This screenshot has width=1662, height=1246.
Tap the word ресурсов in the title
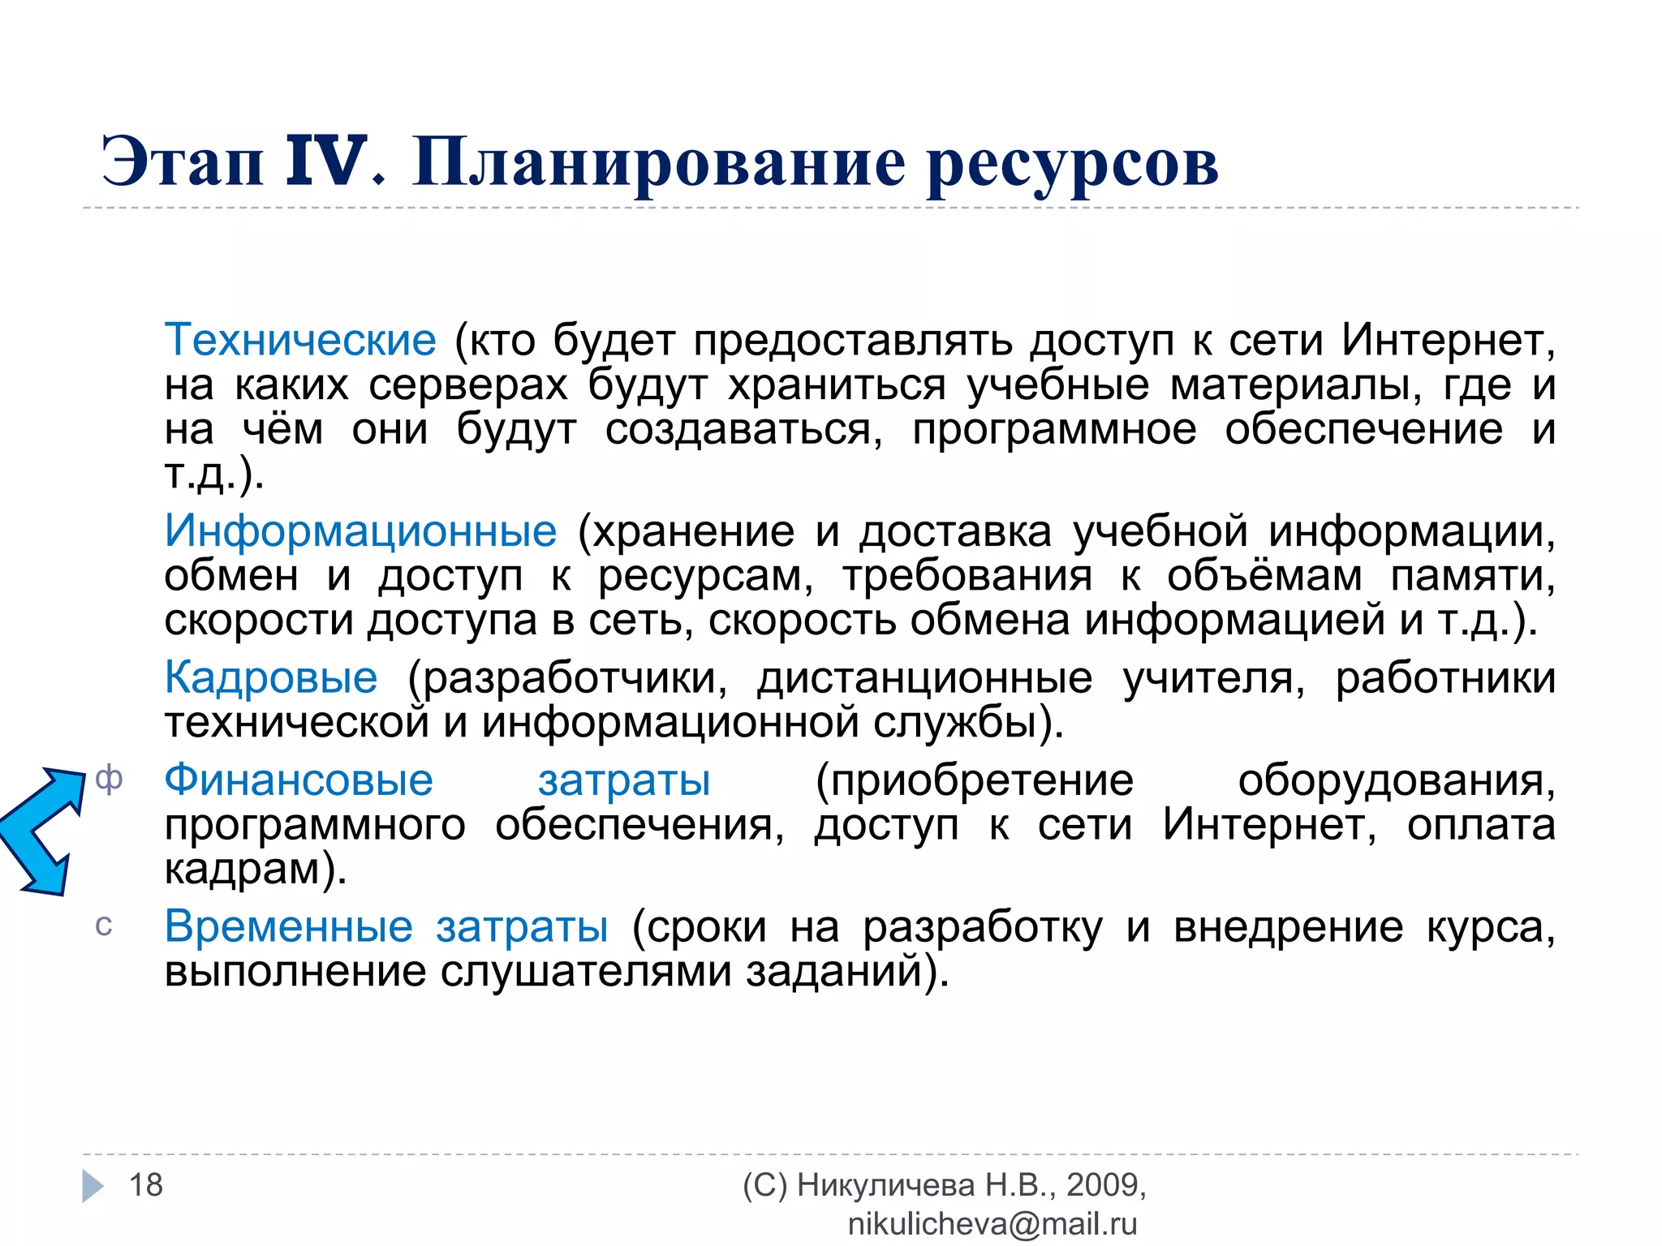1072,165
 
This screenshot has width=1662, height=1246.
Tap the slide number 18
146,1185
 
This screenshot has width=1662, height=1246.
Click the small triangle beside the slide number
93,1186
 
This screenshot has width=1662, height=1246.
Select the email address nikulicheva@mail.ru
992,1224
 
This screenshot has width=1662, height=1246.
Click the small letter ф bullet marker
109,779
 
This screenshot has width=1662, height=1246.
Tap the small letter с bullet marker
104,926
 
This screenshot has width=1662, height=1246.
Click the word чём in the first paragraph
282,429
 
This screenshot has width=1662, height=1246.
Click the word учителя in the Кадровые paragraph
1213,678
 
